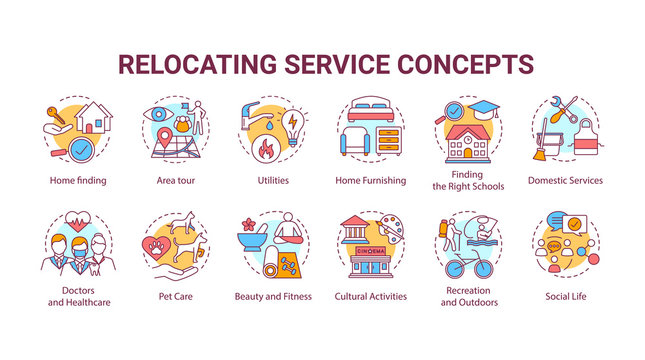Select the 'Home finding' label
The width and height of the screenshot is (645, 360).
click(x=78, y=181)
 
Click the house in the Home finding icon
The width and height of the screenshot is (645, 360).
click(x=95, y=120)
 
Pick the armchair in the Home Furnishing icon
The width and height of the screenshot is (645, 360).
click(x=357, y=142)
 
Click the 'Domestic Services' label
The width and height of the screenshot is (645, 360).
click(x=566, y=181)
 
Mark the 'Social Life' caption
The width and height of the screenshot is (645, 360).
click(x=566, y=296)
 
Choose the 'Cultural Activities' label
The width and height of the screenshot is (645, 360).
click(x=369, y=296)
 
